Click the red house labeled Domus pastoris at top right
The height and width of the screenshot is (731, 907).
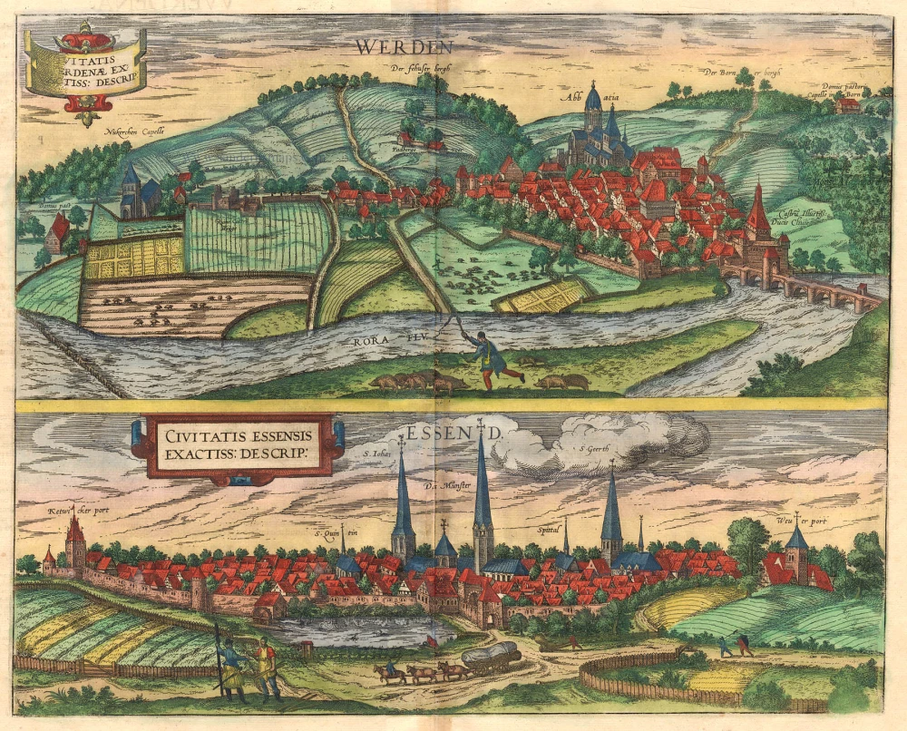coord(848,105)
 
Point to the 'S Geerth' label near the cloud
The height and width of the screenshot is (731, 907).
coord(597,450)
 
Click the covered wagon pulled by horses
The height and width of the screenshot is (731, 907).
coord(491,656)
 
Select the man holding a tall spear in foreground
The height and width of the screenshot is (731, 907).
coord(230,664)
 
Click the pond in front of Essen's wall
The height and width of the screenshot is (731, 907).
coord(354,629)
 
